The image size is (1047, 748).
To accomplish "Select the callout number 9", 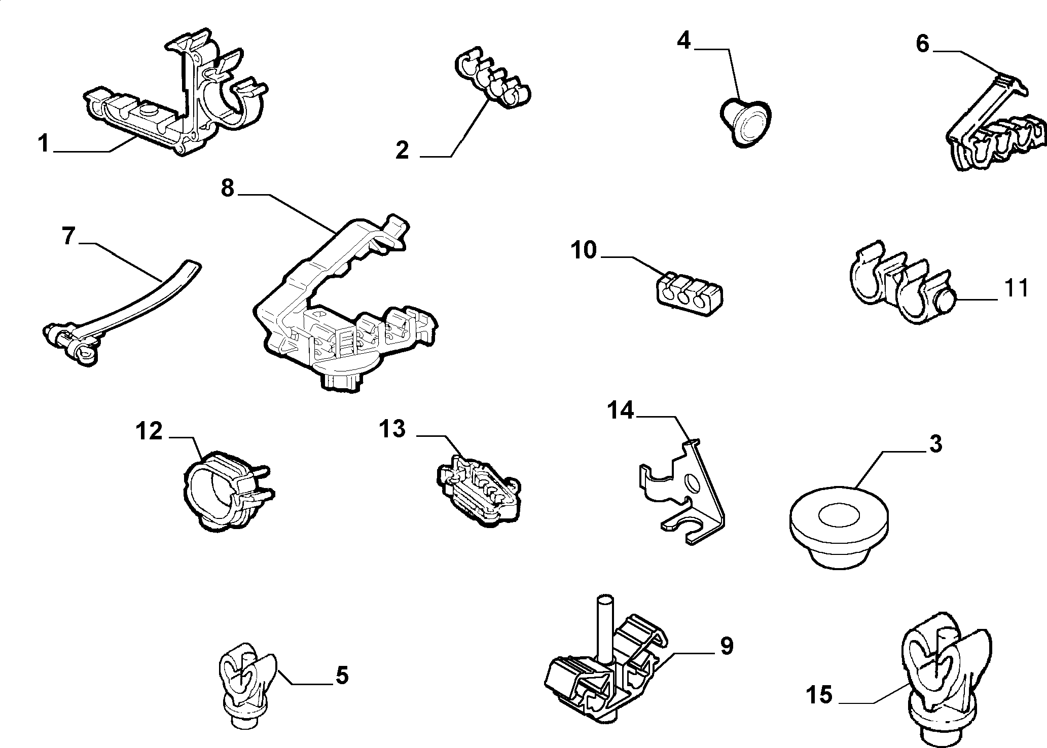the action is pyautogui.click(x=727, y=646).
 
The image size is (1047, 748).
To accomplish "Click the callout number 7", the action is pyautogui.click(x=69, y=237).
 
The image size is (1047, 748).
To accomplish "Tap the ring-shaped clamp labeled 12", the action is pyautogui.click(x=227, y=492).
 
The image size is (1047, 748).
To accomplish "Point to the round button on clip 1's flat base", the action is pyautogui.click(x=150, y=111).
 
